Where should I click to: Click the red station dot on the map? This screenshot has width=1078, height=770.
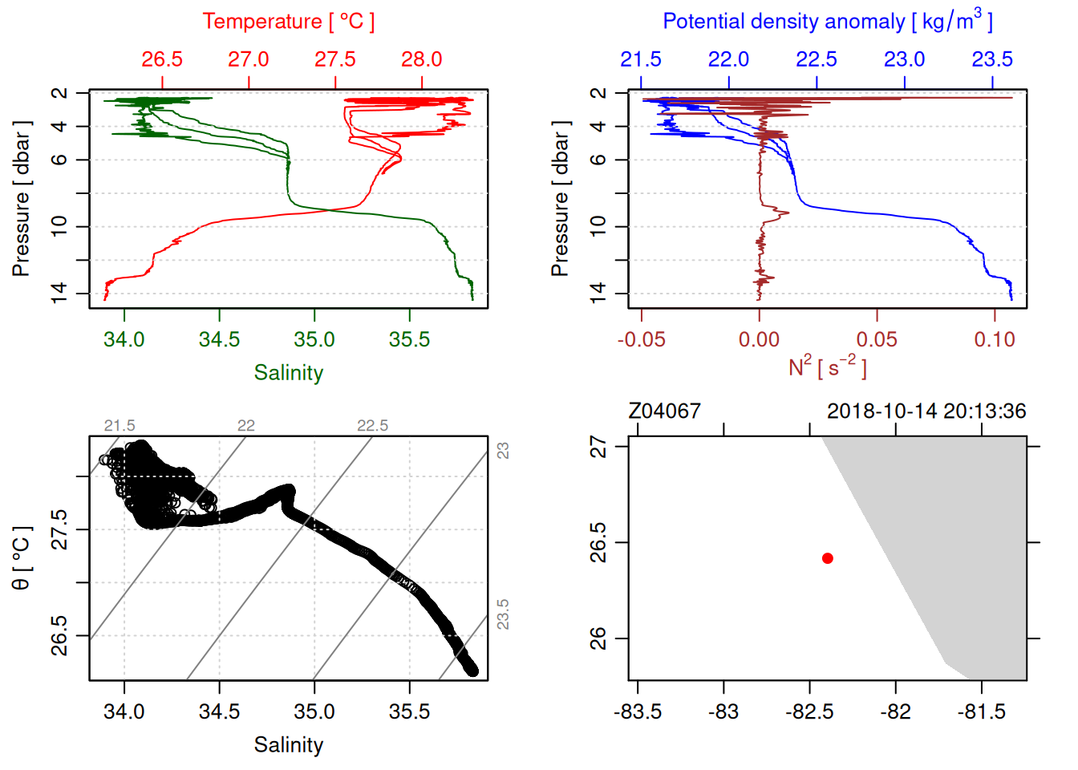(x=827, y=558)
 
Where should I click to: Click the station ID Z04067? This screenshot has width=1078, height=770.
(x=664, y=411)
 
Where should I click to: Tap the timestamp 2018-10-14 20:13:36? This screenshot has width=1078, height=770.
(x=926, y=411)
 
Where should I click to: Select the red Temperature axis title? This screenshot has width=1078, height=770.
(x=288, y=22)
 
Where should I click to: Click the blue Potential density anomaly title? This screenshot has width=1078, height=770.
(x=827, y=21)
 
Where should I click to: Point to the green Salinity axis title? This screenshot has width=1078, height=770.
(x=288, y=373)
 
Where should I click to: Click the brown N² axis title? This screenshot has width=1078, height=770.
(x=827, y=367)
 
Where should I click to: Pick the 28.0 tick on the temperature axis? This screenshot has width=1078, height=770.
(x=422, y=59)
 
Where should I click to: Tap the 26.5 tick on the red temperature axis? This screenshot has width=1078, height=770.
(x=162, y=59)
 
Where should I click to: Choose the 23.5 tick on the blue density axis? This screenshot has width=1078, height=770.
(x=992, y=59)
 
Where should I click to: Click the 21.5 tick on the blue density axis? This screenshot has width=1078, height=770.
(x=641, y=59)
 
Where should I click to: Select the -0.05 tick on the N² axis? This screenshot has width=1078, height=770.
(x=641, y=339)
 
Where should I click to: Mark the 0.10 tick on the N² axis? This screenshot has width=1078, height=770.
(x=995, y=339)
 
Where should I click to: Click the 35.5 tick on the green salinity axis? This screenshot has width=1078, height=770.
(x=409, y=339)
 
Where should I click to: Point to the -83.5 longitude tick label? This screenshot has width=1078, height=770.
(x=638, y=711)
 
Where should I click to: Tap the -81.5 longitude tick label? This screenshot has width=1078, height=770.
(x=982, y=711)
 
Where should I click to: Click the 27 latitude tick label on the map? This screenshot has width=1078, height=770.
(x=598, y=447)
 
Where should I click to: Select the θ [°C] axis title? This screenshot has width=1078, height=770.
(x=21, y=558)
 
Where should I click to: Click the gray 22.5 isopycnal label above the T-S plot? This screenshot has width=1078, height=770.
(x=372, y=426)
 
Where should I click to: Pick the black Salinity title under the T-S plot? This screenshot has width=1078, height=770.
(x=288, y=745)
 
